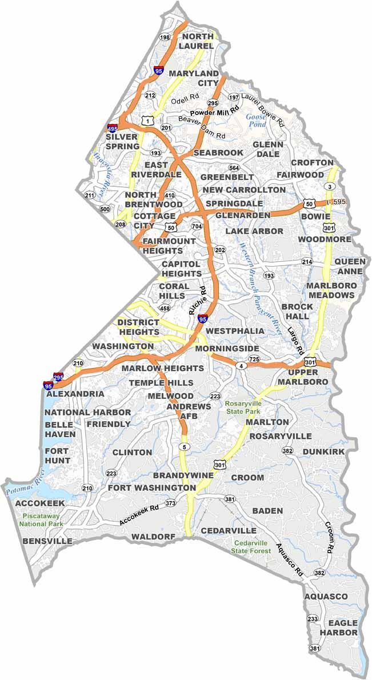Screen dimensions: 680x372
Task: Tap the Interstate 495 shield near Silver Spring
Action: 113,128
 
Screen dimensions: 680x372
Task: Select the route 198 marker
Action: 166,37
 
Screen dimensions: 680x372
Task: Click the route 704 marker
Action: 197,226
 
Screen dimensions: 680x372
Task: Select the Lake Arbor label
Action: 254,231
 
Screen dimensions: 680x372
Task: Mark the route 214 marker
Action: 307,262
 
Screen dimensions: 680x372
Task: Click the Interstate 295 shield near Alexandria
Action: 58,377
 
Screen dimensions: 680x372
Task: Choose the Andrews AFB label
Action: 181,411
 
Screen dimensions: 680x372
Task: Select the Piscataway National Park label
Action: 40,519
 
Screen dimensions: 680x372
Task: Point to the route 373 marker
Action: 170,503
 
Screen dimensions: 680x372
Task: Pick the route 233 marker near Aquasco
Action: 313,619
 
